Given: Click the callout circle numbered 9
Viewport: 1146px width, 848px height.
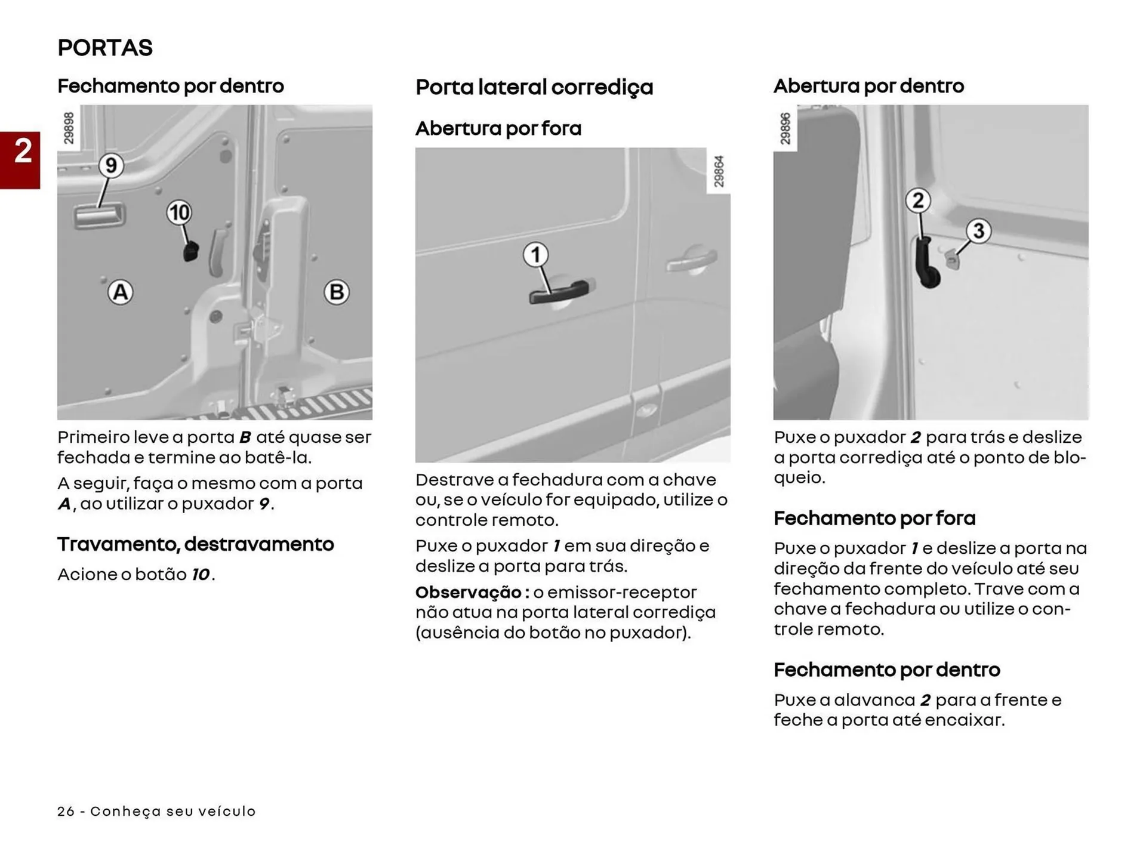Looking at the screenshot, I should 111,165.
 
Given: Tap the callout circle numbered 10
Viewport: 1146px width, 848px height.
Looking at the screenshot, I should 179,212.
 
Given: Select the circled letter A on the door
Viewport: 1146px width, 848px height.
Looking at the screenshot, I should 121,292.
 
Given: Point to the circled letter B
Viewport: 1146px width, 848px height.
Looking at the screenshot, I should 336,292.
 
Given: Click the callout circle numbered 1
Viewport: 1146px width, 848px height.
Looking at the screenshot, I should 535,255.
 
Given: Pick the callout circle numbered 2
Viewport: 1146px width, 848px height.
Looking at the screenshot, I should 918,201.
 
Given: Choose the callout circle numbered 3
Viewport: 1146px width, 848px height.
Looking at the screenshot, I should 978,230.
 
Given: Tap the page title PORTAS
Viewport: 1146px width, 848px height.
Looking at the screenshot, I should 105,48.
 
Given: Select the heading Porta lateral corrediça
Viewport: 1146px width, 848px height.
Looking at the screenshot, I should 534,87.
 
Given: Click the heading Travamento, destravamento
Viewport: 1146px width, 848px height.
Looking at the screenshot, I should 195,544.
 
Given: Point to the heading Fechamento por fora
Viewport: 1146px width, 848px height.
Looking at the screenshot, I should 874,518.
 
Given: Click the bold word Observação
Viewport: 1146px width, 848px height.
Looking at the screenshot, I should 469,592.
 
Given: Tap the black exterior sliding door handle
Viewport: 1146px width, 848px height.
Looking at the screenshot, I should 559,292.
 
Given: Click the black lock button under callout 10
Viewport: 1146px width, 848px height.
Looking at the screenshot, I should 190,252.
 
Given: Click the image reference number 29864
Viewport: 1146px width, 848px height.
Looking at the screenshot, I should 719,171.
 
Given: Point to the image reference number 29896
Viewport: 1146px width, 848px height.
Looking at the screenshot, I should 785,128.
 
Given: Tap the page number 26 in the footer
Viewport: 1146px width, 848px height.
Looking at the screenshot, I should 66,811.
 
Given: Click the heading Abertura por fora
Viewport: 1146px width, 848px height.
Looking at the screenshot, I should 498,128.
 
